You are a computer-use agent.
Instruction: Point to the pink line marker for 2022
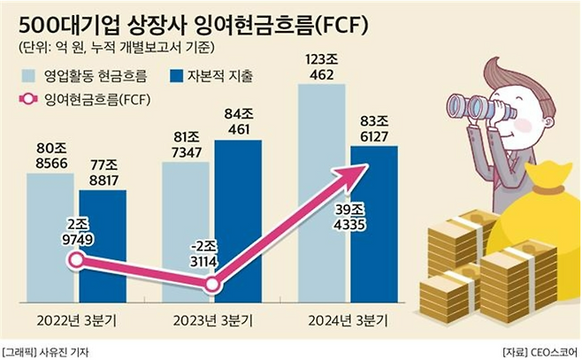[77, 260]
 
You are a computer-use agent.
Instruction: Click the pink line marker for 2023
[212, 286]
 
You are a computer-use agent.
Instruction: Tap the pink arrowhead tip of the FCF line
[366, 165]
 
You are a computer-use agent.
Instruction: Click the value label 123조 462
[322, 65]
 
